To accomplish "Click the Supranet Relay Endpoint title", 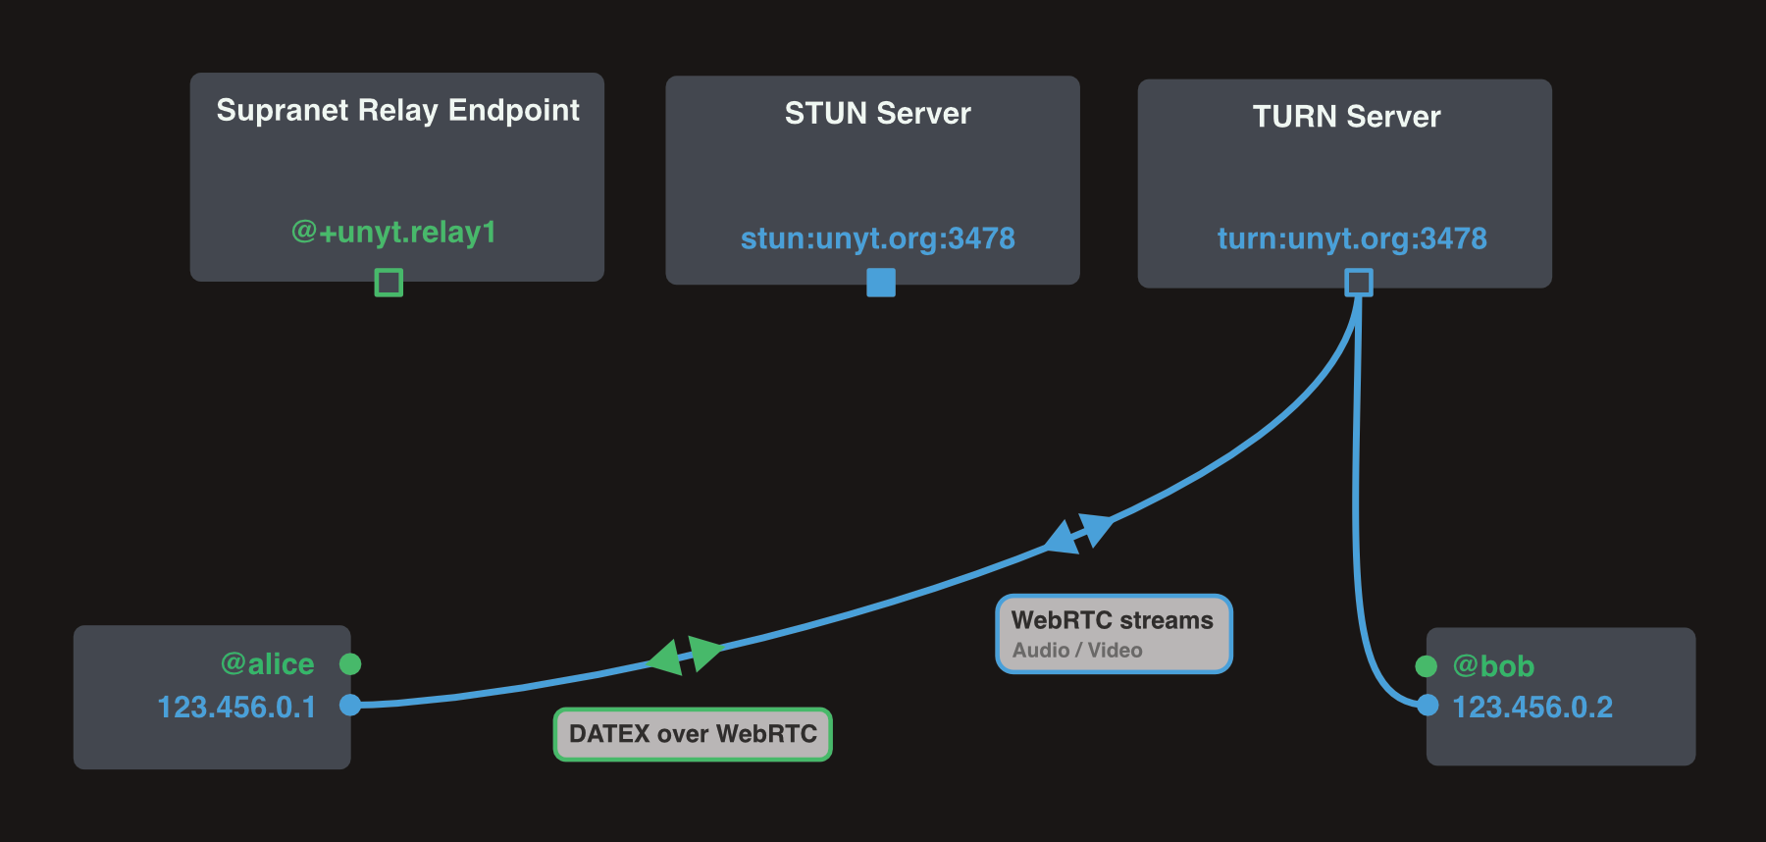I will (x=397, y=110).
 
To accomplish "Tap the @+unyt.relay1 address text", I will (x=393, y=232).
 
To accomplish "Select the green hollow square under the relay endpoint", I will (x=389, y=283).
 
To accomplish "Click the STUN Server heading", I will (x=877, y=113).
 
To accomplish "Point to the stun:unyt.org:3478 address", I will (x=877, y=238).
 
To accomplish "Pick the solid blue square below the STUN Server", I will (x=881, y=283).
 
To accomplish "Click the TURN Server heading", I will (x=1346, y=117).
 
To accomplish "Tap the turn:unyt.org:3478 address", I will (x=1352, y=238).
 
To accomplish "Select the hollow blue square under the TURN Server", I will (x=1359, y=283).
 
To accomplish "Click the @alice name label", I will (x=268, y=664).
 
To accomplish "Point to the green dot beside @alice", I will (x=350, y=664).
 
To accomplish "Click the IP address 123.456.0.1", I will (x=236, y=708).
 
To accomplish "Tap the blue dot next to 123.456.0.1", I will (x=350, y=705).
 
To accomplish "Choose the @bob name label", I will (x=1493, y=666).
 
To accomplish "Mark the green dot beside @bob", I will (x=1427, y=666).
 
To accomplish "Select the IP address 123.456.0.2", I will (x=1532, y=708).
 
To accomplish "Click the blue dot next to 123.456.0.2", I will (x=1428, y=705).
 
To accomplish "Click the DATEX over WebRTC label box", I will (x=693, y=734).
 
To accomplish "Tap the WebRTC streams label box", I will (x=1114, y=634).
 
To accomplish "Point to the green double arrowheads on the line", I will (x=686, y=656).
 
